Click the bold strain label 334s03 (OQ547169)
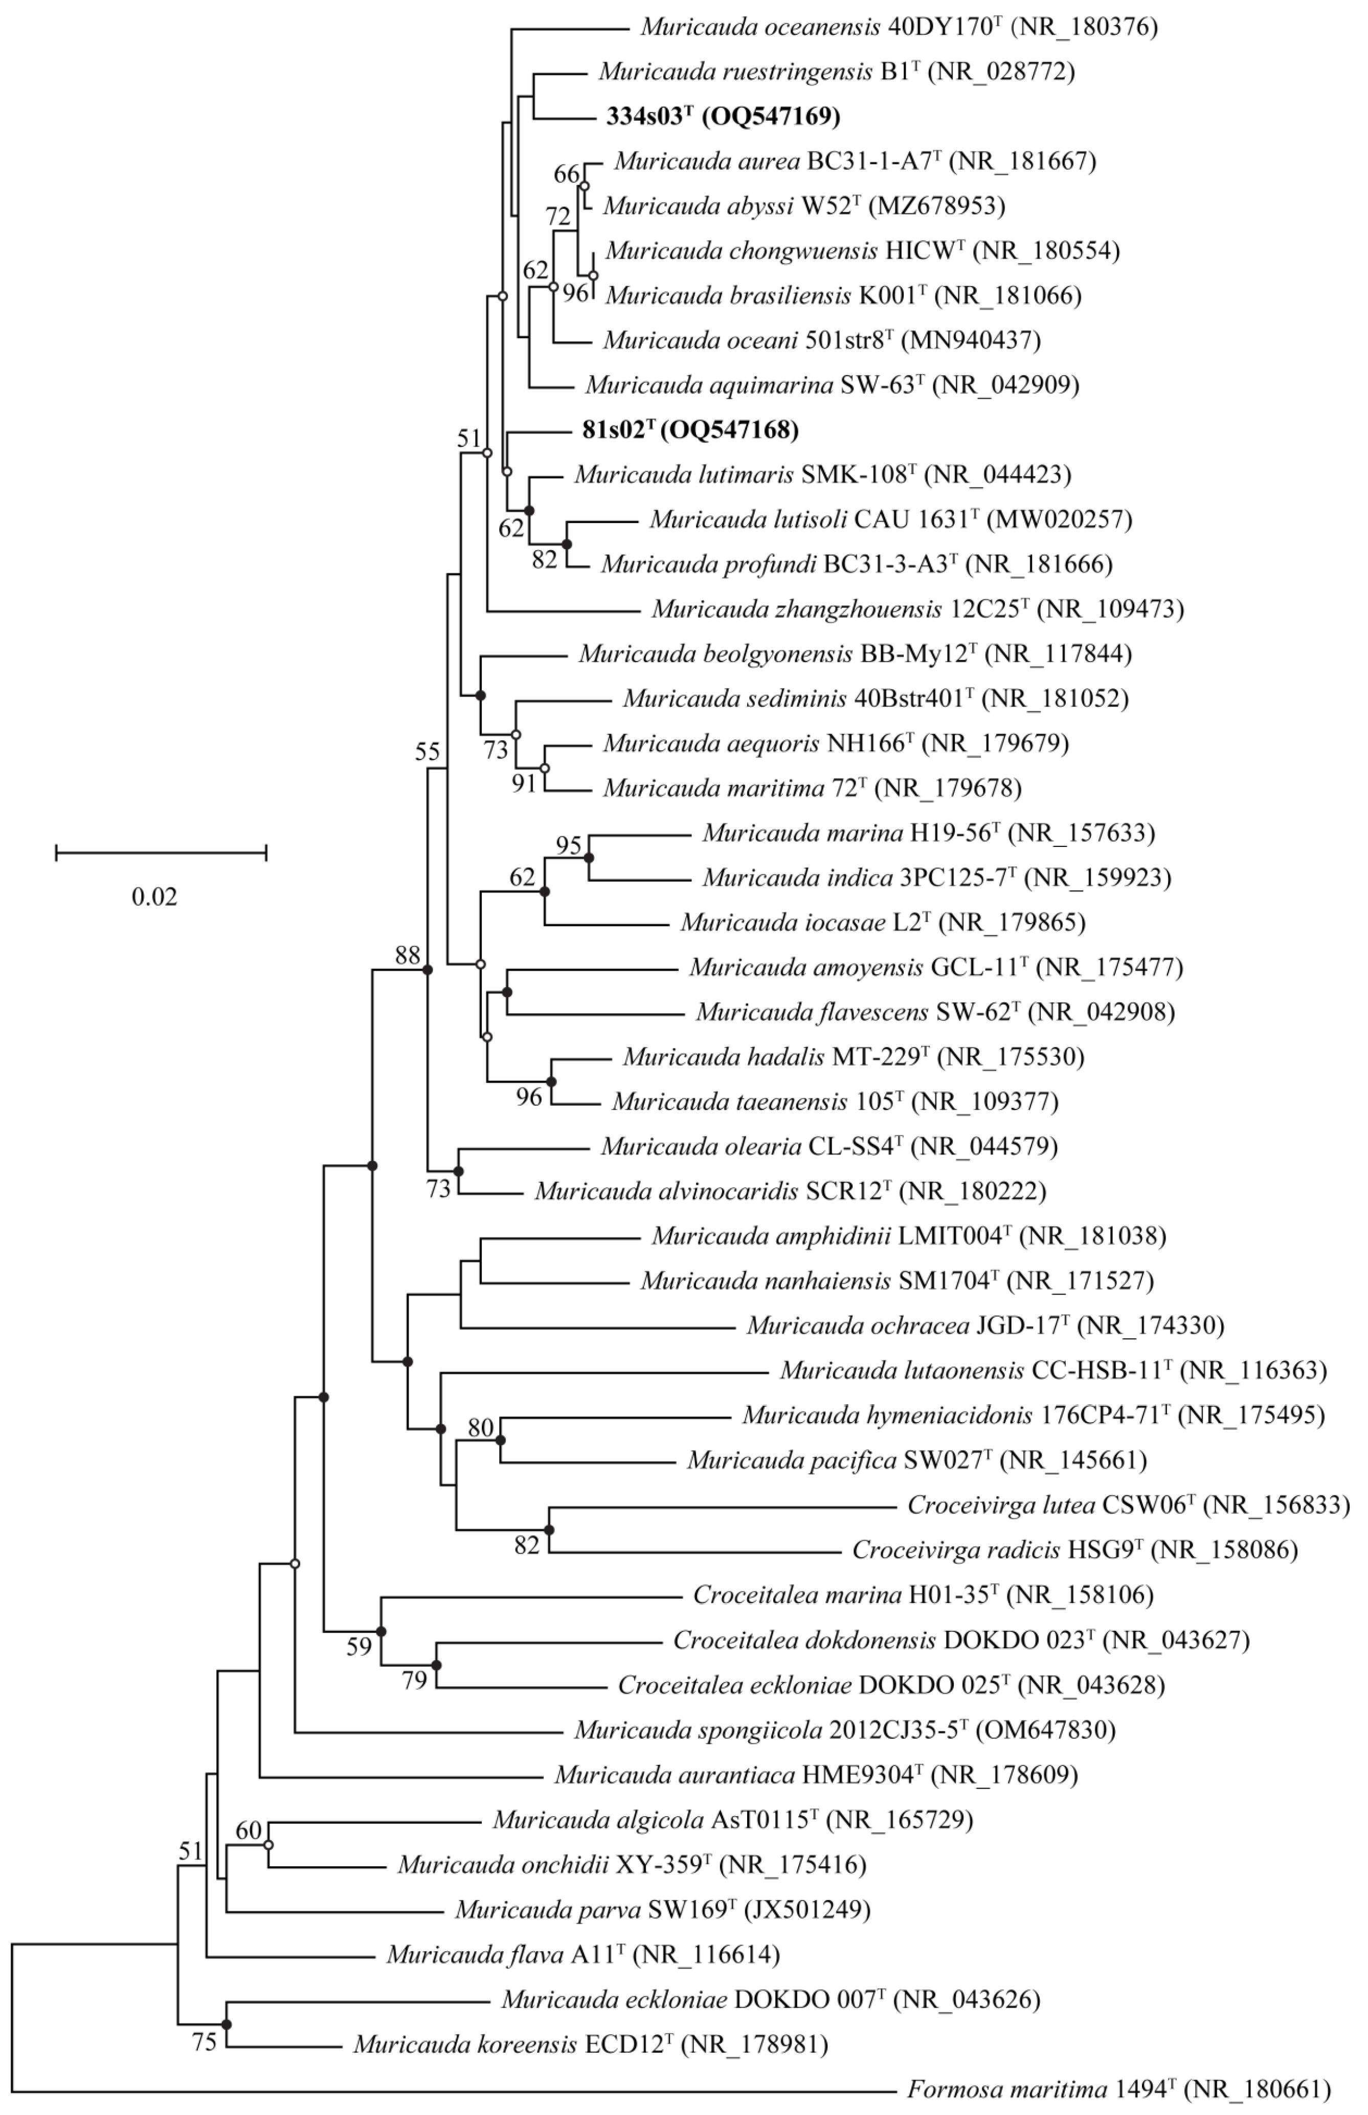[x=723, y=116]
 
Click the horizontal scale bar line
[x=161, y=853]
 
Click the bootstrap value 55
[x=428, y=752]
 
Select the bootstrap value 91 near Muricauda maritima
[x=524, y=783]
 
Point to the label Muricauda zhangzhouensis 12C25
[x=917, y=609]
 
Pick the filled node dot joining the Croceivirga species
[x=549, y=1530]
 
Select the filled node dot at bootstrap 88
[x=428, y=970]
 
